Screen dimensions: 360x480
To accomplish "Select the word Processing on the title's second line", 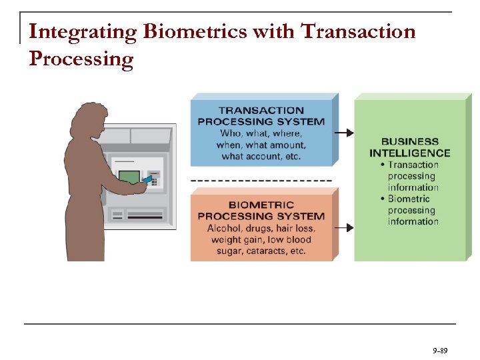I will [81, 59].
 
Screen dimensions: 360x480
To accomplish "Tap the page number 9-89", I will [439, 349].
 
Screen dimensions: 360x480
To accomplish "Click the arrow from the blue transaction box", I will [343, 133].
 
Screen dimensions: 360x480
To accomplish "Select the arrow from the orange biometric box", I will [343, 227].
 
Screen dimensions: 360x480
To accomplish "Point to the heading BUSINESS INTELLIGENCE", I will [409, 147].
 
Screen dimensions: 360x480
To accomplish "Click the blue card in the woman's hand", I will [148, 181].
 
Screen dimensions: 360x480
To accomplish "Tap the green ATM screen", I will [129, 177].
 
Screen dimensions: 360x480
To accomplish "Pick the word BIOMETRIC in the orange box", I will [261, 205].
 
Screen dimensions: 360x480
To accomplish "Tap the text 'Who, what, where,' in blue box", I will [261, 133].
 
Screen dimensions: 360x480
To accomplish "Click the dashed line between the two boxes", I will [261, 180].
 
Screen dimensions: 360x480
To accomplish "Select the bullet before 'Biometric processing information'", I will [383, 199].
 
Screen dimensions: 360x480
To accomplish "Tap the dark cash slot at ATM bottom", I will [145, 215].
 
